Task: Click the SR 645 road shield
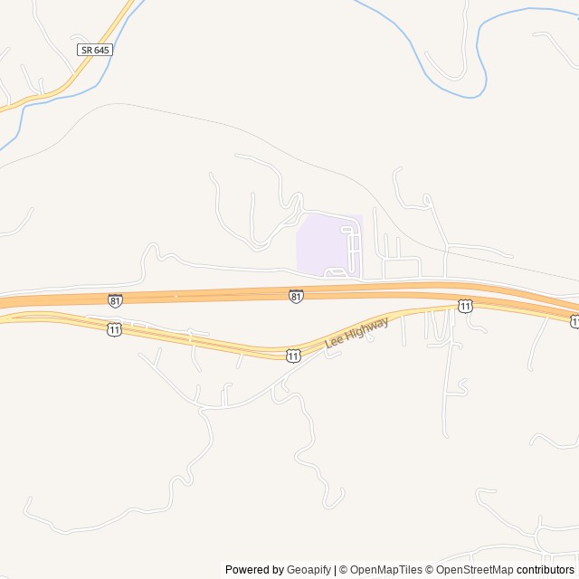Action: (x=95, y=50)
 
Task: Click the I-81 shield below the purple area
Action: (x=296, y=296)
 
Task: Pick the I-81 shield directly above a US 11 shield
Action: (x=114, y=299)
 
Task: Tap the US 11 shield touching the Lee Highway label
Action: (x=293, y=356)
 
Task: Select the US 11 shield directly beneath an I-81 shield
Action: (x=114, y=329)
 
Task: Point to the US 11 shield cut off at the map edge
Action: (x=574, y=321)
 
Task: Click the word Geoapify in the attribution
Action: (x=308, y=570)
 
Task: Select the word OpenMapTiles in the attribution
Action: (x=385, y=570)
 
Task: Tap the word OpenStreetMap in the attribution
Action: (x=476, y=570)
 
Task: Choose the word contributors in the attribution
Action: (x=547, y=570)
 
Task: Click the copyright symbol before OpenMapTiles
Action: (x=344, y=570)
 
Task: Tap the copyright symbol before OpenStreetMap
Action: (x=432, y=570)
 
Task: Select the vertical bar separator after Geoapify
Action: (x=335, y=570)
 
